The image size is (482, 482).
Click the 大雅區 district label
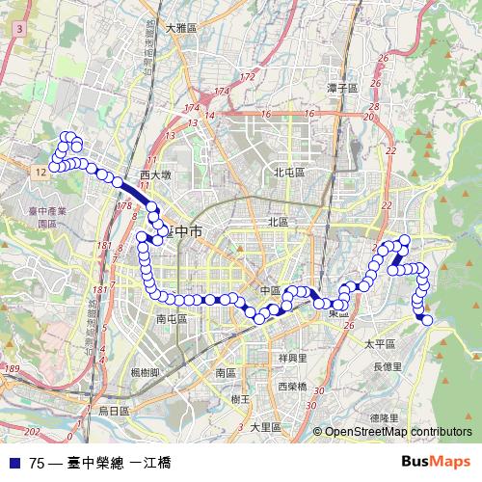pos(181,29)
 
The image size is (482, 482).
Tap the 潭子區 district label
pos(342,88)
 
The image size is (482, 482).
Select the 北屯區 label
pos(288,173)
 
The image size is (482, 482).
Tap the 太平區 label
pos(376,342)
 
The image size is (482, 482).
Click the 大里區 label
pos(265,426)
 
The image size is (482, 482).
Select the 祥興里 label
pos(292,358)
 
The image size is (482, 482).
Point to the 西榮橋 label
pos(292,387)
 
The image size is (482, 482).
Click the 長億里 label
pos(387,366)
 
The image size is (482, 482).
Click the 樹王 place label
pos(241,398)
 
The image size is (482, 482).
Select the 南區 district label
pos(227,371)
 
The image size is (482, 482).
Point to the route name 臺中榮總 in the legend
pos(95,461)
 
